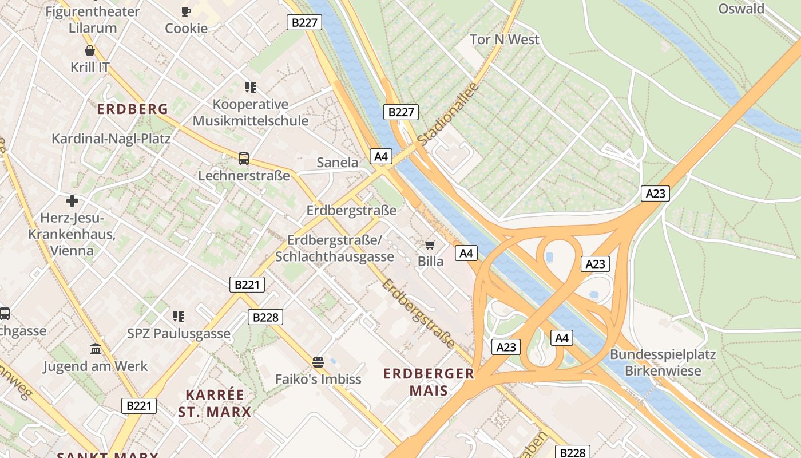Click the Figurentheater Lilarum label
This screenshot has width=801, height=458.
tap(92, 19)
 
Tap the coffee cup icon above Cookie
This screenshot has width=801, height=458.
tap(186, 11)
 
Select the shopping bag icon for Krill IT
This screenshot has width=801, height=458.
tap(90, 50)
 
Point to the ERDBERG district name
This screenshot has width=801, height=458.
tap(132, 109)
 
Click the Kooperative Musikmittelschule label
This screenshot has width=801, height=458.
tap(251, 112)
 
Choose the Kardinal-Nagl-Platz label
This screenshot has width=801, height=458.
tap(111, 139)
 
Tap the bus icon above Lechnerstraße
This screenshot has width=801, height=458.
tap(244, 158)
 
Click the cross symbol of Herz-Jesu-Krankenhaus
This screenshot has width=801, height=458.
tap(72, 201)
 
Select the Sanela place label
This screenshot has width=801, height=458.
tap(338, 163)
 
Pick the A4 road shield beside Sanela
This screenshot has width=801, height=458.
tap(382, 156)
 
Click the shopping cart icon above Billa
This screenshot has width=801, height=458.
tap(430, 244)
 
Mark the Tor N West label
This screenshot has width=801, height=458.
tap(504, 40)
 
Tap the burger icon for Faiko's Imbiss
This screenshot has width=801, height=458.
tap(318, 362)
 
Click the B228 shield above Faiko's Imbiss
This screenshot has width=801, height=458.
tap(265, 317)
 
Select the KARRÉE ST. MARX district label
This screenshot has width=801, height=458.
tap(215, 403)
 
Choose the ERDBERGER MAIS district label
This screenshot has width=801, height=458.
tap(429, 382)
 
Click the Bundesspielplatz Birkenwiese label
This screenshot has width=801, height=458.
tap(663, 362)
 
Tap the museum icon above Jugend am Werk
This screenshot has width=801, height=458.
tap(96, 349)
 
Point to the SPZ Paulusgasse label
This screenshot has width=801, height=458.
tap(179, 334)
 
